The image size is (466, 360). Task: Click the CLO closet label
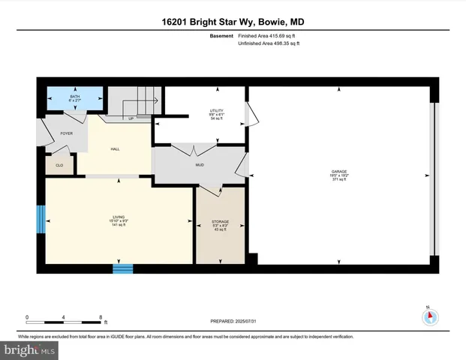59,165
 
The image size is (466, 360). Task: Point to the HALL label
115,149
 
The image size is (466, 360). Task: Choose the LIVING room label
119,219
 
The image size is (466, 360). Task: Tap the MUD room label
200,165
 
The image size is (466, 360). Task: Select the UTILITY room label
216,112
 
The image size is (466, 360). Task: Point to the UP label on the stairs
131,118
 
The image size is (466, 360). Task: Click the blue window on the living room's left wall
41,218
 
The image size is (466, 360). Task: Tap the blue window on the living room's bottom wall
122,267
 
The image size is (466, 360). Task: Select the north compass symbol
430,316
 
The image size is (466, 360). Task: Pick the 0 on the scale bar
27,317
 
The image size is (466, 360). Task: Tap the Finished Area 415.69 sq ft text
269,34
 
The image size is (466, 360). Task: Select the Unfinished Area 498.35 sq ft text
269,44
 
